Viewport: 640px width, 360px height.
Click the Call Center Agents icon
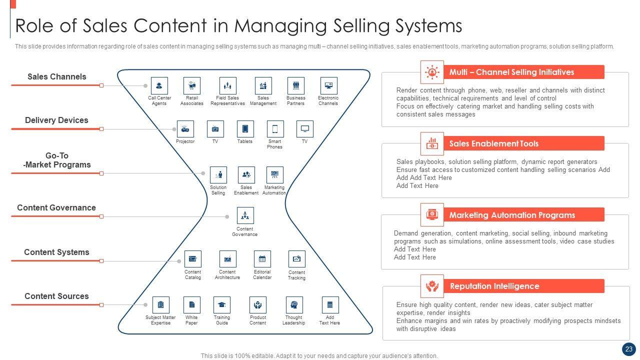click(159, 85)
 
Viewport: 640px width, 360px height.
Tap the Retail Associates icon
click(192, 85)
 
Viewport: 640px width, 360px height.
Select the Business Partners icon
click(296, 85)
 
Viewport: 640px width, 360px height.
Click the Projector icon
click(185, 129)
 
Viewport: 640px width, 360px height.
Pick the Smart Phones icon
click(275, 129)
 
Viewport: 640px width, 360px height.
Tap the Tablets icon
click(245, 129)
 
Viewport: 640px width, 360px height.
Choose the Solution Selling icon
click(218, 175)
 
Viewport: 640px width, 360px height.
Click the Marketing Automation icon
click(274, 175)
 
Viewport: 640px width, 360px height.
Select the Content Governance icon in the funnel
click(245, 215)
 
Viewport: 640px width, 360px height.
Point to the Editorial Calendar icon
click(262, 259)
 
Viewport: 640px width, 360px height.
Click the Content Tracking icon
click(296, 259)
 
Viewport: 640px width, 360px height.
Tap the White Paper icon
click(191, 305)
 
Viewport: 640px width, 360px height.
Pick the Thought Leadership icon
click(294, 305)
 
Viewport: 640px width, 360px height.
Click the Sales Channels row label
click(56, 77)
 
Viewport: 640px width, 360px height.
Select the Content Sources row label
click(56, 296)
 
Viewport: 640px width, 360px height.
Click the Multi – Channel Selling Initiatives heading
click(511, 72)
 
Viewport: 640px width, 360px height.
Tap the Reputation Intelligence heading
click(494, 286)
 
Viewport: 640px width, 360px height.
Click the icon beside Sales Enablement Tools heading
click(432, 144)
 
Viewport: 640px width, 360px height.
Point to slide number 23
click(628, 349)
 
